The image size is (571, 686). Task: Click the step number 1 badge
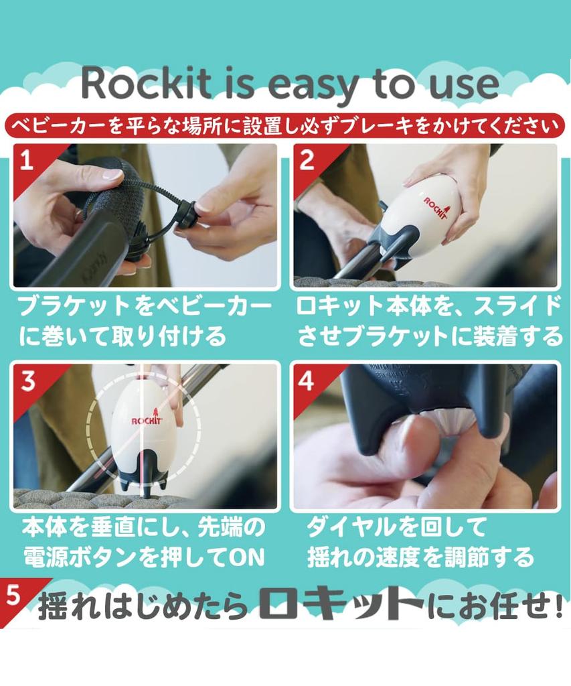pos(27,161)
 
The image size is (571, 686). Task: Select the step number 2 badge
pos(307,161)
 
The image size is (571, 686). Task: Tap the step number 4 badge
pos(307,381)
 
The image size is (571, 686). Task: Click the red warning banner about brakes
pos(285,125)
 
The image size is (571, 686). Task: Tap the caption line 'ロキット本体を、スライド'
pos(428,307)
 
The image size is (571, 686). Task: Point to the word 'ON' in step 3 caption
pos(247,557)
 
